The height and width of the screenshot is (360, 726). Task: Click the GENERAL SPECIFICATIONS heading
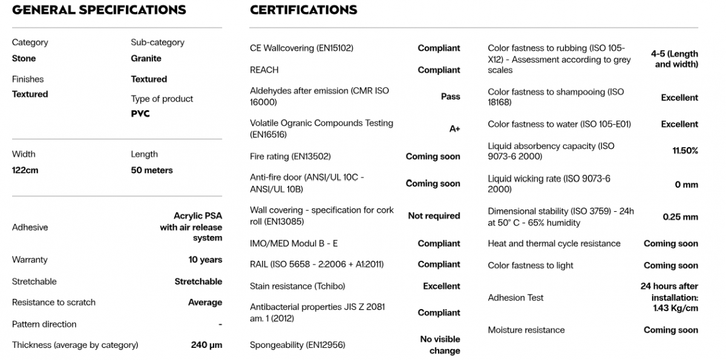[x=99, y=10]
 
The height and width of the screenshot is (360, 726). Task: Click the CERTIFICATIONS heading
[x=303, y=10]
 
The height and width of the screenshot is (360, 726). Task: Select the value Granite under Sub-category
[x=146, y=59]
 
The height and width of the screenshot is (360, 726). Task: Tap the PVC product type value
[x=140, y=114]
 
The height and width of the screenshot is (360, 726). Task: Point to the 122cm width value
[x=25, y=171]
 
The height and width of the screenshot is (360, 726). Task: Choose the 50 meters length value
[x=152, y=171]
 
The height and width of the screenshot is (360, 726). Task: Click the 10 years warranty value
[x=205, y=260]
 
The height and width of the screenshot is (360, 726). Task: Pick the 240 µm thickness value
[x=206, y=345]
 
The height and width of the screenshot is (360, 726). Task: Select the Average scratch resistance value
[x=205, y=303]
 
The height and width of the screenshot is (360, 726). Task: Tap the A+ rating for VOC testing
[x=454, y=129]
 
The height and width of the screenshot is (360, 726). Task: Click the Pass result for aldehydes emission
[x=450, y=96]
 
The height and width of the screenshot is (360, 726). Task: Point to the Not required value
[x=434, y=216]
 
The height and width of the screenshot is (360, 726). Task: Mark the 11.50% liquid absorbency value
[x=685, y=151]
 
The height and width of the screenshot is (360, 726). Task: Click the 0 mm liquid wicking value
[x=686, y=185]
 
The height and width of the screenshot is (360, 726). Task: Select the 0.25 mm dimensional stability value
[x=680, y=217]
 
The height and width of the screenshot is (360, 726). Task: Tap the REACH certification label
[x=264, y=70]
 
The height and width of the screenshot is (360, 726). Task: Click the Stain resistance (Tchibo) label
[x=297, y=286]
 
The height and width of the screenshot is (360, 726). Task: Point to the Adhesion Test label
[x=515, y=298]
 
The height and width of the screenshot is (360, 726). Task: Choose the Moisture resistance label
[x=526, y=330]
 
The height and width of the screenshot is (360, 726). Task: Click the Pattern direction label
[x=44, y=324]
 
